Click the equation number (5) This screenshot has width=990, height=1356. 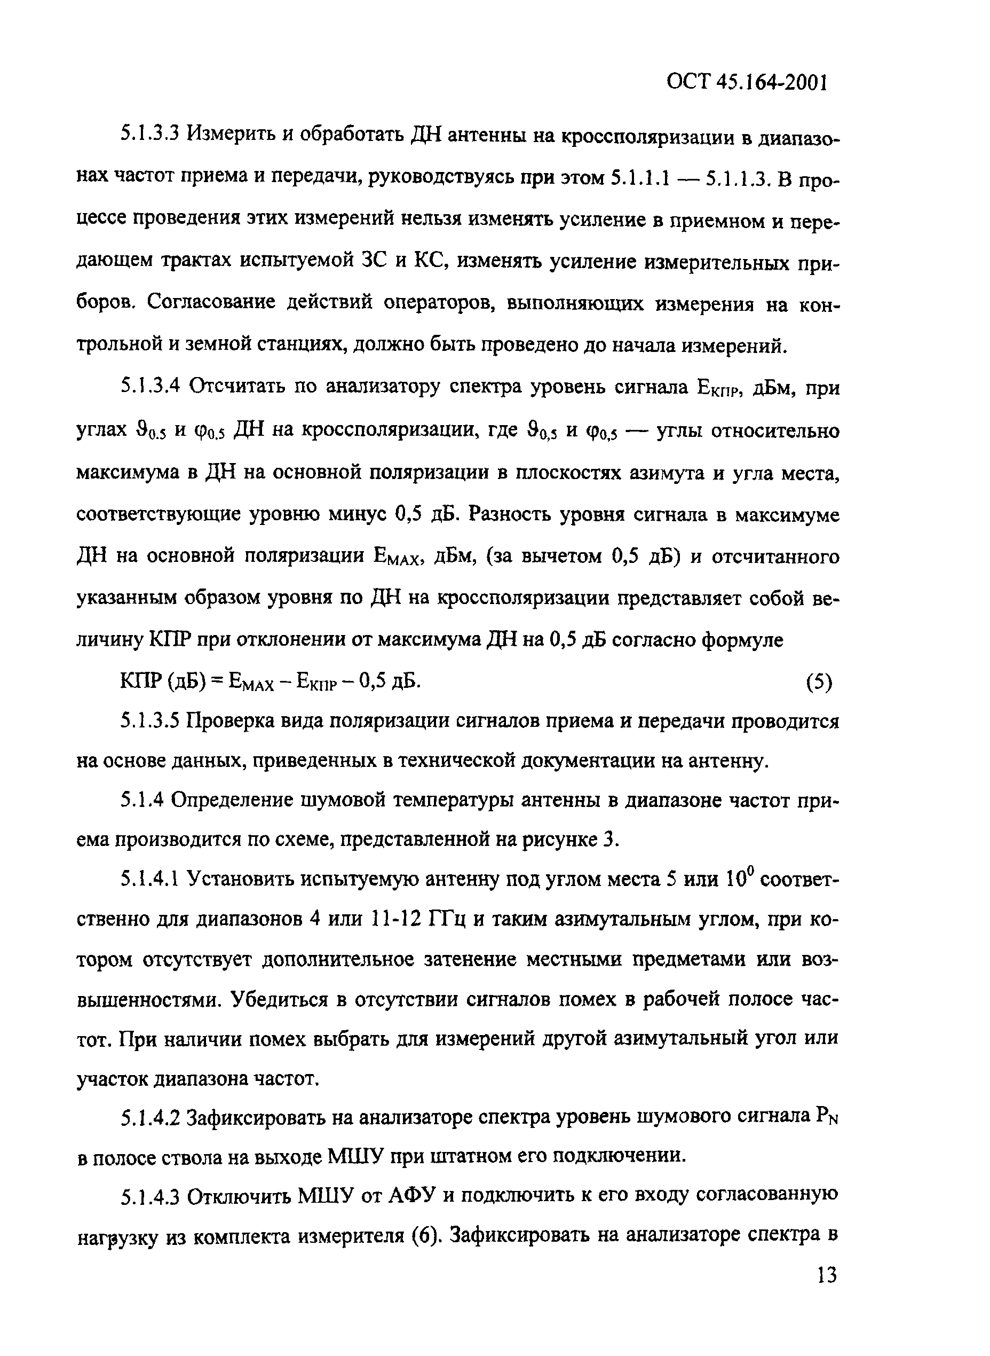click(x=819, y=683)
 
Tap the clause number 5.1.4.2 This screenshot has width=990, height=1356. click(x=150, y=1117)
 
